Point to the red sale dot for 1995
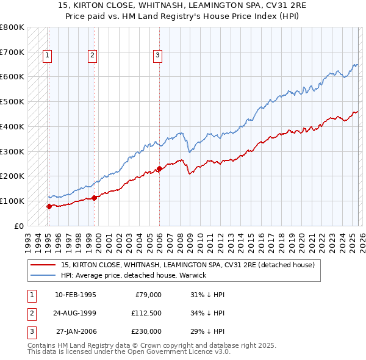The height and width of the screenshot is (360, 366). (49, 206)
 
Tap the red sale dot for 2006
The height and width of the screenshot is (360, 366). (159, 168)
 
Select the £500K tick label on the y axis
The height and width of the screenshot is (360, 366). (12, 101)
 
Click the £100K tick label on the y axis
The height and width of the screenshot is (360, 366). (12, 201)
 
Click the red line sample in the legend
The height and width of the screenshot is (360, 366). (44, 265)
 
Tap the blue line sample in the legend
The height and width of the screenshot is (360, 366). (44, 275)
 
